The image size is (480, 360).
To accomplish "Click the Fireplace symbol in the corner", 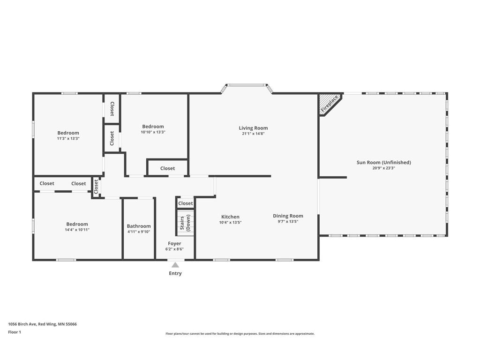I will tap(329, 104).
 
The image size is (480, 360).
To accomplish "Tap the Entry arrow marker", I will tap(175, 265).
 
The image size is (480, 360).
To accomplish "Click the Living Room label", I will tap(253, 128).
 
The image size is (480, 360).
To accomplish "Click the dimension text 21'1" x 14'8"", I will tap(253, 134).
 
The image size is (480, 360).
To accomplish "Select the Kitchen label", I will tap(230, 217).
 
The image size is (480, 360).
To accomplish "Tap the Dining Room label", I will tap(288, 216).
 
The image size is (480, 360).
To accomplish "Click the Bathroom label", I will tap(139, 226).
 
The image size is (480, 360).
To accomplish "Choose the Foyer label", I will tap(174, 244).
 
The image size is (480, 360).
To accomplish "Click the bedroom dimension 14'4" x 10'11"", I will tap(77, 230).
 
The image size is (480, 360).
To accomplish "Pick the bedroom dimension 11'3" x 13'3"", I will tap(68, 139).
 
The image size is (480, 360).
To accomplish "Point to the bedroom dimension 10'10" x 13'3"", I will tap(153, 132).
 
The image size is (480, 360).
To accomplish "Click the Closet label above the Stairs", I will tap(185, 203).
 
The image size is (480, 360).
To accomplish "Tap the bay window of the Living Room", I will tap(247, 85).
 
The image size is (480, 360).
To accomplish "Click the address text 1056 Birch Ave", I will tap(42, 324).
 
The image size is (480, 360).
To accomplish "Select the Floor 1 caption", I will tap(15, 332).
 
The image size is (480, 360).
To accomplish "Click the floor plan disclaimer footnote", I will tap(240, 334).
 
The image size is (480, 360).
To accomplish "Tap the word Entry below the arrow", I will tap(175, 273).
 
